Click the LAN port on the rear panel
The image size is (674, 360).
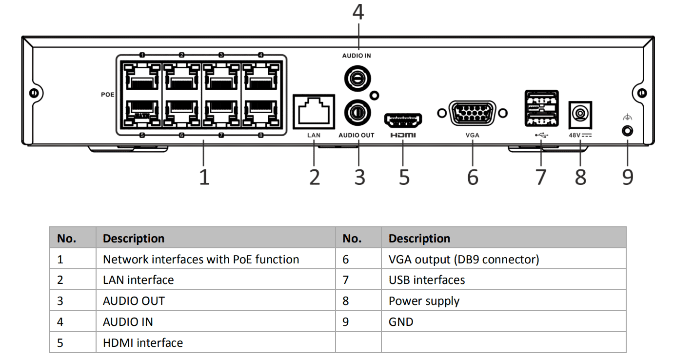(x=314, y=111)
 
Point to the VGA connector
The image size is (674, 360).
(x=473, y=114)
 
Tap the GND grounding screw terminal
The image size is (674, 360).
(x=627, y=131)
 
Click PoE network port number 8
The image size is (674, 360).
(x=260, y=114)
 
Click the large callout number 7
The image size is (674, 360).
(x=540, y=177)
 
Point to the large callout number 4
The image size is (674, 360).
(x=358, y=12)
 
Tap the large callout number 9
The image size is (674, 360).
(x=627, y=177)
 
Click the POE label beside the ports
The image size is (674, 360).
(x=107, y=95)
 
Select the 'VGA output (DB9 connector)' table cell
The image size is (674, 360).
(x=464, y=260)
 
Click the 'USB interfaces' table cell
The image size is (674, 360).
(x=427, y=280)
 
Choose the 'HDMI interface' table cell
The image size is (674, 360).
(x=143, y=343)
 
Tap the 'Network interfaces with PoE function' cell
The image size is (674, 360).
(x=201, y=260)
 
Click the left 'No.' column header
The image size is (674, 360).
(x=67, y=239)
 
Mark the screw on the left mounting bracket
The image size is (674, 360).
(x=34, y=93)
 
